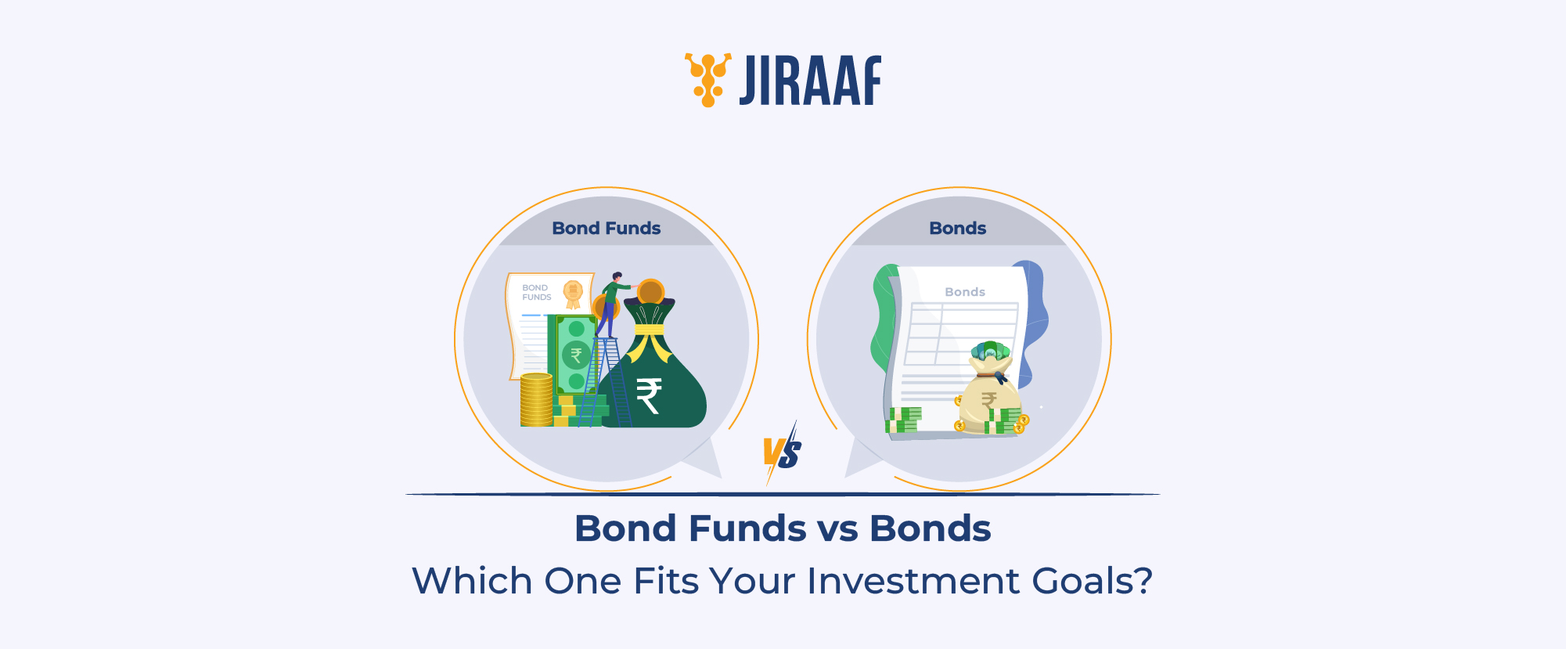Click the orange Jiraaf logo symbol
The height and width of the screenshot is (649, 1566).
pos(708,79)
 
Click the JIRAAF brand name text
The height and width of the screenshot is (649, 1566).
pos(811,81)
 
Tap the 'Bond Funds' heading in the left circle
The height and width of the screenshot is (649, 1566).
pos(607,229)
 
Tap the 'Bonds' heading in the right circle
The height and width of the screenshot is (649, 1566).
pos(958,229)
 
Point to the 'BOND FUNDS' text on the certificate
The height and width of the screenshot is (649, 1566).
pos(537,293)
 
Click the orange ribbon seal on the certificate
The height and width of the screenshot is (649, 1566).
pos(574,294)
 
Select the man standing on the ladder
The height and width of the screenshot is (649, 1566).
pos(611,304)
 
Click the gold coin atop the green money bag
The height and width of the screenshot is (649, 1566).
pos(650,292)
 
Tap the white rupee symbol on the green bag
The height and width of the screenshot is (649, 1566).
pos(649,395)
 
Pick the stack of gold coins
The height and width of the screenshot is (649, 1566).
pos(537,400)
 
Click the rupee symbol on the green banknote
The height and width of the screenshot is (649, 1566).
pos(577,355)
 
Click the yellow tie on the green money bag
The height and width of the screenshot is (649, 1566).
pos(650,333)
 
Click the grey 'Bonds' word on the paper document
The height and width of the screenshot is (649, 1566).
pos(965,292)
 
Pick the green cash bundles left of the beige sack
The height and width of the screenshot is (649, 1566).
pos(904,420)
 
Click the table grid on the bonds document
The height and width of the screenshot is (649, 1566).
pos(961,334)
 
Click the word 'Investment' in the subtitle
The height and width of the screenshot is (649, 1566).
pos(913,581)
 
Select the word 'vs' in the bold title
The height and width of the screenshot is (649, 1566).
pos(837,529)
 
